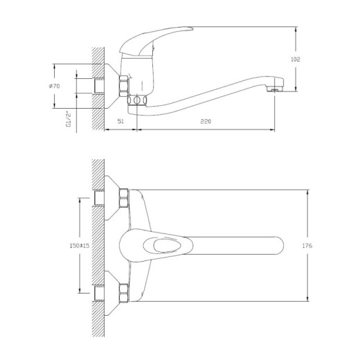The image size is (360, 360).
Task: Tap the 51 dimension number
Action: click(120, 122)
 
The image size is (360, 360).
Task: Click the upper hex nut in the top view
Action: click(123, 199)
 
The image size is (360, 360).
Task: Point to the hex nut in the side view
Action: click(125, 85)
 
